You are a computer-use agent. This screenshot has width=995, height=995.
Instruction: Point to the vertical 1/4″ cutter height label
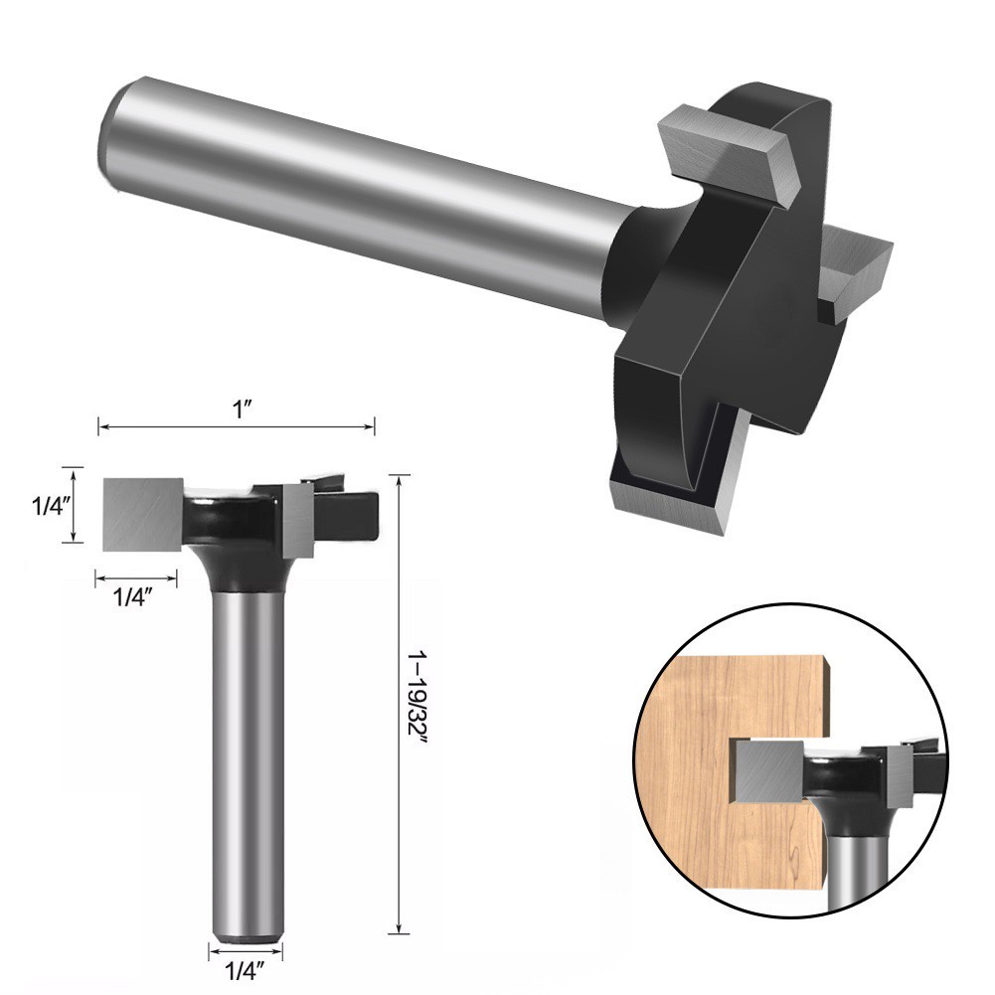click(48, 505)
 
